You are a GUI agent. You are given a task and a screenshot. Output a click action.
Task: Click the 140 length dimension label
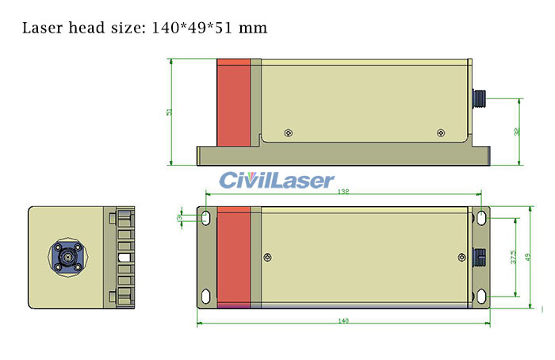click(x=343, y=321)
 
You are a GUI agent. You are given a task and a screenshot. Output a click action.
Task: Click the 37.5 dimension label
click(x=514, y=257)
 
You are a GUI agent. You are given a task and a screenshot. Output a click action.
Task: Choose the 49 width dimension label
click(x=528, y=257)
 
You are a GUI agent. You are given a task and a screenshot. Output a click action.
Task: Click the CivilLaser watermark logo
click(x=277, y=180)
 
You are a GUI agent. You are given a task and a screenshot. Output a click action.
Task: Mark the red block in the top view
click(x=234, y=257)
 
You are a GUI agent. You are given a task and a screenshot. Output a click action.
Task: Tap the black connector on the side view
click(x=480, y=98)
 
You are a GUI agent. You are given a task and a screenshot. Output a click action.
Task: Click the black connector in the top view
click(x=480, y=257)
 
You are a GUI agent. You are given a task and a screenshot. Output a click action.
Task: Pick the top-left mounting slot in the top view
click(x=205, y=217)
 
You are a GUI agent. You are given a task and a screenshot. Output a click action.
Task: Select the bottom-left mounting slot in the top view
click(x=205, y=297)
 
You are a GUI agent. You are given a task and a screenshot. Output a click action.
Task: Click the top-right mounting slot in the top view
click(x=480, y=217)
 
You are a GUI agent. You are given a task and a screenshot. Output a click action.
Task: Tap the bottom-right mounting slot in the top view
click(x=480, y=297)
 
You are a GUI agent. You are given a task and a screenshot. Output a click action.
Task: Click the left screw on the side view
click(x=287, y=132)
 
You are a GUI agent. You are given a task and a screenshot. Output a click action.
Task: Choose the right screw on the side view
click(x=440, y=132)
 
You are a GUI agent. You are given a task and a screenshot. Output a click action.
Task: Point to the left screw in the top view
click(x=268, y=255)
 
